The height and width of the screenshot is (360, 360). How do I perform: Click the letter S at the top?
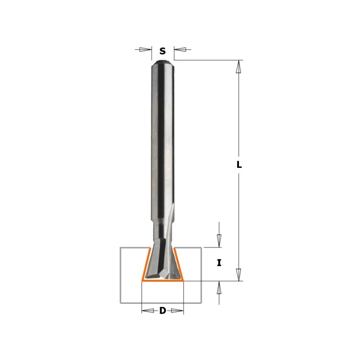(x=162, y=51)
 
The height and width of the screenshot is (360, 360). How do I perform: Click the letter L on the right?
(x=239, y=165)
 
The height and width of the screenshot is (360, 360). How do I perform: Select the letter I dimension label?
(x=219, y=263)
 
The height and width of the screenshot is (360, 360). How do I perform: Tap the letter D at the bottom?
(x=162, y=310)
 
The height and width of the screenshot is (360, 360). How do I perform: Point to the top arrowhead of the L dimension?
(x=239, y=66)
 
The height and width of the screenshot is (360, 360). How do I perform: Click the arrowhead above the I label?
(x=219, y=240)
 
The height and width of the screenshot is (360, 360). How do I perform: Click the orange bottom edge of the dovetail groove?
(x=162, y=280)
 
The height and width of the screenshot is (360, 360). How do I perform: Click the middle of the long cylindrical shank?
(x=162, y=144)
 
